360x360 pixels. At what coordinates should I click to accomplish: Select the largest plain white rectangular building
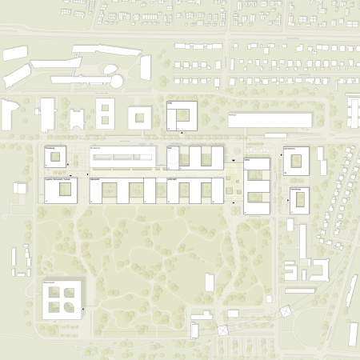click(270, 120)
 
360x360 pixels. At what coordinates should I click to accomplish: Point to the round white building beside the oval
click(117, 81)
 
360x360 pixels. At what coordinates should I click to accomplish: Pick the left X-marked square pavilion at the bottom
click(222, 329)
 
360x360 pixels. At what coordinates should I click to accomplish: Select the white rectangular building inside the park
click(210, 282)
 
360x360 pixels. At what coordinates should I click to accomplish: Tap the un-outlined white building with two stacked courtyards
click(106, 114)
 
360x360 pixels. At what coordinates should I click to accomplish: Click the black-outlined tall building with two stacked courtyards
click(257, 186)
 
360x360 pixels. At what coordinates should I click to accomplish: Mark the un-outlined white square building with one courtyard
click(139, 118)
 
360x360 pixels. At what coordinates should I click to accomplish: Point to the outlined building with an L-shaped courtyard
click(182, 115)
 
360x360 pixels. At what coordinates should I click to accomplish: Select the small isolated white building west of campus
click(20, 189)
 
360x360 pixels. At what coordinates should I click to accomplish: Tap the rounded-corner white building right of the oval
click(146, 67)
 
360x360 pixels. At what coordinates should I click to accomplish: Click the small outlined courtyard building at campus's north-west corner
click(55, 158)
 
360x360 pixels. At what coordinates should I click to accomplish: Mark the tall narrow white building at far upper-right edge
click(354, 111)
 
